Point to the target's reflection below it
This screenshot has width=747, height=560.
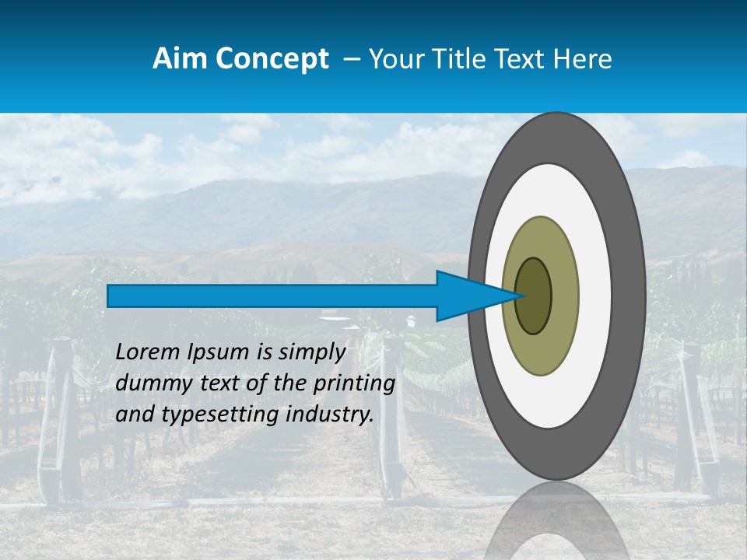point(556,521)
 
